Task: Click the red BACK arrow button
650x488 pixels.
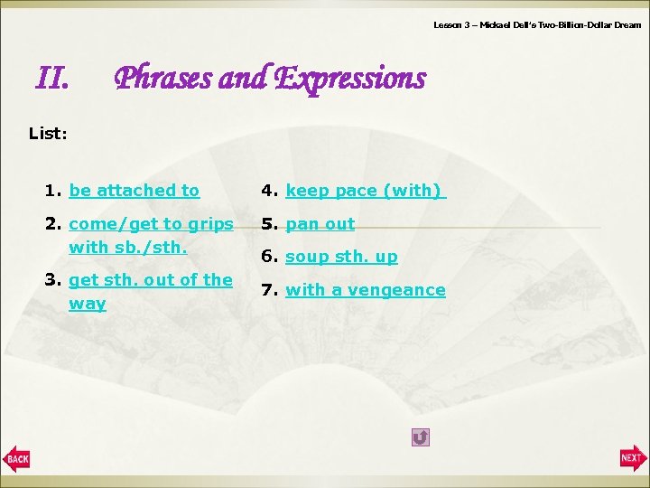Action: pyautogui.click(x=16, y=458)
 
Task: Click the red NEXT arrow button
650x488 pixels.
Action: pyautogui.click(x=633, y=458)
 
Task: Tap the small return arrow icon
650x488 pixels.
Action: pyautogui.click(x=420, y=437)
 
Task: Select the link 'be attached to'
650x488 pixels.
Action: pyautogui.click(x=134, y=191)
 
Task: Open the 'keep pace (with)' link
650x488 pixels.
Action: pyautogui.click(x=365, y=191)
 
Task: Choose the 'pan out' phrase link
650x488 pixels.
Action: pyautogui.click(x=320, y=224)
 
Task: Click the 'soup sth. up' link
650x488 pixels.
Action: pyautogui.click(x=341, y=258)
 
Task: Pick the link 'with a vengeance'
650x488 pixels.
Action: pyautogui.click(x=365, y=290)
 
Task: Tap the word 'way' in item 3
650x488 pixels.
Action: pyautogui.click(x=87, y=304)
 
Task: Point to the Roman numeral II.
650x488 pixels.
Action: pyautogui.click(x=51, y=80)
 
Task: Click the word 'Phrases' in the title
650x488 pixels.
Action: pyautogui.click(x=163, y=80)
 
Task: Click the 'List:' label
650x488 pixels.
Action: pyautogui.click(x=47, y=134)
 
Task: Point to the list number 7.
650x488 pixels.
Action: pyautogui.click(x=267, y=290)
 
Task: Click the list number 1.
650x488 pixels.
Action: pyautogui.click(x=51, y=191)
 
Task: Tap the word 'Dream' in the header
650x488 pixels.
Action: pyautogui.click(x=626, y=25)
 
